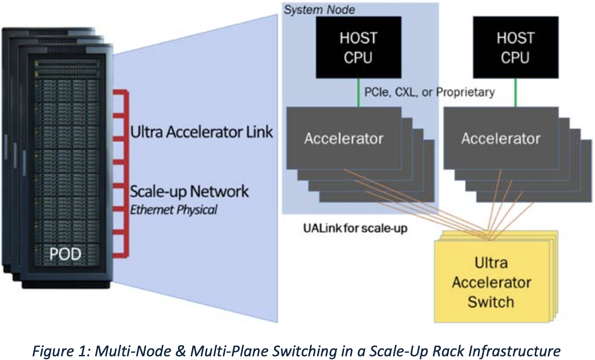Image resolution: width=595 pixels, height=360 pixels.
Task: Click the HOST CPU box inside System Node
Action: coord(358,47)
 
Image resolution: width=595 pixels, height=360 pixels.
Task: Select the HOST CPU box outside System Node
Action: coord(515,47)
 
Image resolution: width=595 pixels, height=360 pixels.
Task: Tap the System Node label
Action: coord(319,10)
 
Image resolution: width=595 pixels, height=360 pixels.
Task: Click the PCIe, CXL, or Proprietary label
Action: coord(430,92)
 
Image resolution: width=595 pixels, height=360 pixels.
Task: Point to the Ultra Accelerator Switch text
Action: coord(491,282)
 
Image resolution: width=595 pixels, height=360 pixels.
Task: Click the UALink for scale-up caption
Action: coord(355,228)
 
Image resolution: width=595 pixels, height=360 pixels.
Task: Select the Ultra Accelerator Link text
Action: coord(201,132)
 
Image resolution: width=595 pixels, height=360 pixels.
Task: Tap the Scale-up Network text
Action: coord(189,192)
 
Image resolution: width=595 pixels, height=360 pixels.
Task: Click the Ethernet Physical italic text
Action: coord(174,210)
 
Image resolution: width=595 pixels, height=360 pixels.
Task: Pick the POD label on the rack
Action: coord(65,254)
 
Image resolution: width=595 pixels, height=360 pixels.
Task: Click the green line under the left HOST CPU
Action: coord(359,93)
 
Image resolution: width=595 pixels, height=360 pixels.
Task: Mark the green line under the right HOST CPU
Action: coord(516,93)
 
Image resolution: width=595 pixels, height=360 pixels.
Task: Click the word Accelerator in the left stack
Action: coord(344,138)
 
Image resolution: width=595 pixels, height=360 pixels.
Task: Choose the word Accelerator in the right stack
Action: coord(501,138)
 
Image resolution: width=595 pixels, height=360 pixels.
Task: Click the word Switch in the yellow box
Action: coord(491,302)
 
